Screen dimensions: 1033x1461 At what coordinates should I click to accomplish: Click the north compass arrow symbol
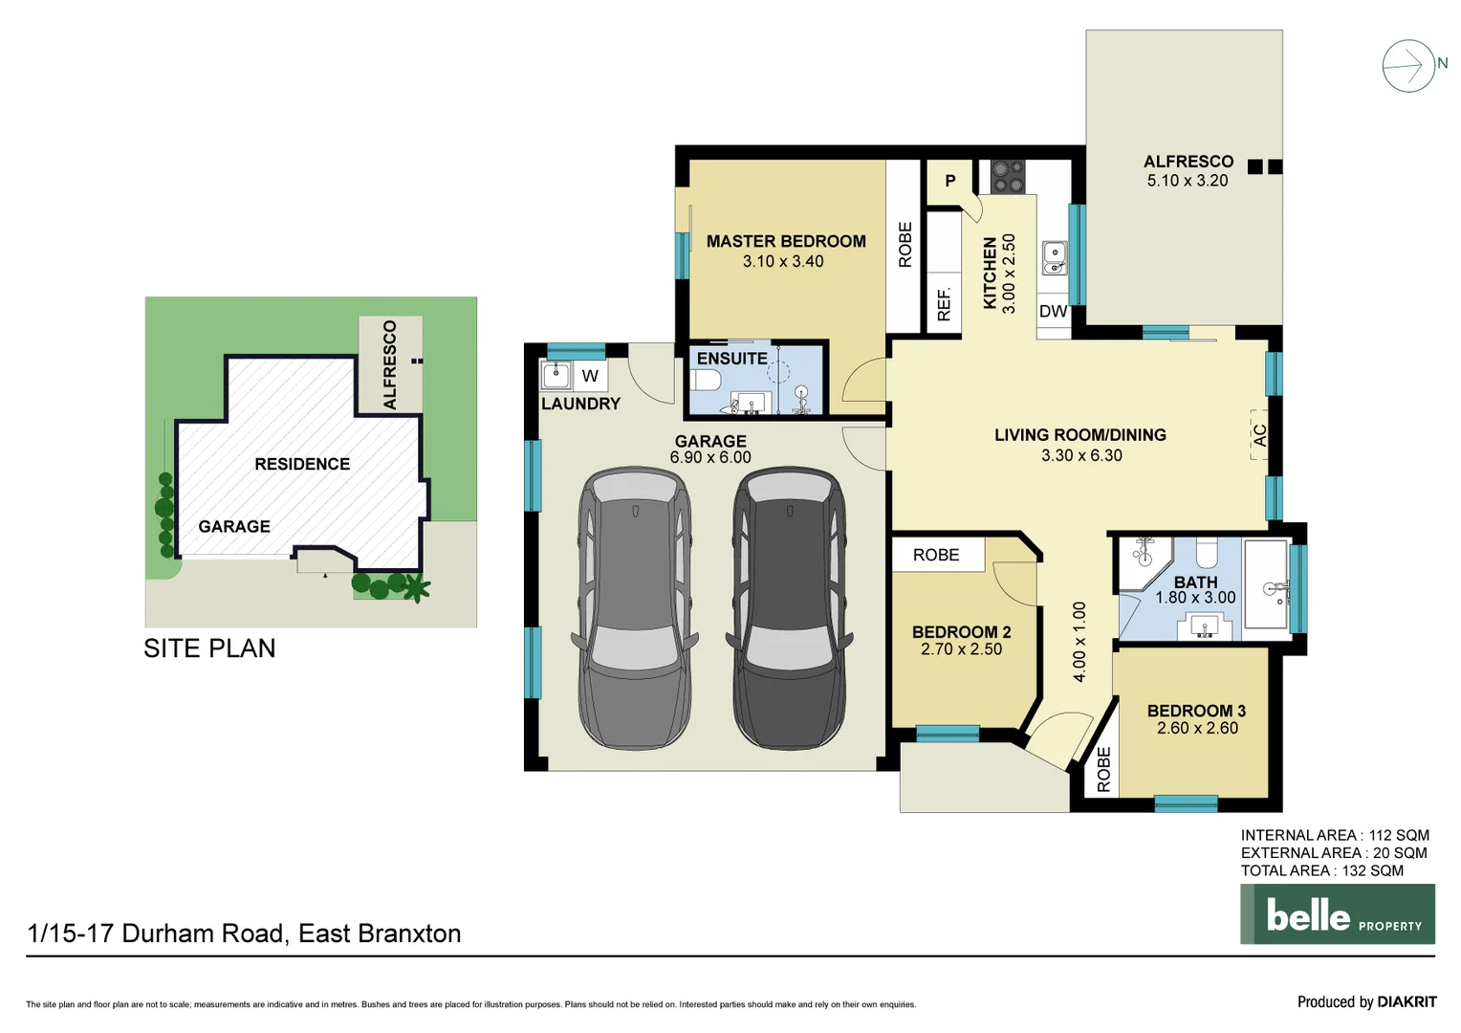1408,66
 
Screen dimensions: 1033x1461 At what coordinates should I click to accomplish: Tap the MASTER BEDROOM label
785,242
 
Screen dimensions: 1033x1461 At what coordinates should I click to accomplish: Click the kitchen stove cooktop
1007,177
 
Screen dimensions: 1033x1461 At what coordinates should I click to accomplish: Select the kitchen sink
1054,257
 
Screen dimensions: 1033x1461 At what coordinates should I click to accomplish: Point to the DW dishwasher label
1053,311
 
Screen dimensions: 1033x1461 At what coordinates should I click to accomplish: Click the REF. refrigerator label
944,303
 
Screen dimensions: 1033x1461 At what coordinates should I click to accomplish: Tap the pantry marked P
949,181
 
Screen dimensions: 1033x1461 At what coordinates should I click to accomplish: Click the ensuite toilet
706,381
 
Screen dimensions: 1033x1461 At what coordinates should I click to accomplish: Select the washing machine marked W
590,376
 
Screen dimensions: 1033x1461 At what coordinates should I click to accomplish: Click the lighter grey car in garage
635,607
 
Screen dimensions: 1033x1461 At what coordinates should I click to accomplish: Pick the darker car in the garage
789,607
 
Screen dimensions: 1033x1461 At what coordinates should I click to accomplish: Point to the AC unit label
1260,435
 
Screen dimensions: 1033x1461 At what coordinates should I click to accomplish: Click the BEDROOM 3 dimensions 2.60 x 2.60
1196,728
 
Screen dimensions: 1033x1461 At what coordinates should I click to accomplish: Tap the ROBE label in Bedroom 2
935,555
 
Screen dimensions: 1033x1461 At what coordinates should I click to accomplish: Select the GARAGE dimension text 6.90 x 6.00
709,457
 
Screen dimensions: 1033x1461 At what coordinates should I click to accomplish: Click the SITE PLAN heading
209,648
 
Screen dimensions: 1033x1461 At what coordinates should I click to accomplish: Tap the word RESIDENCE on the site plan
302,464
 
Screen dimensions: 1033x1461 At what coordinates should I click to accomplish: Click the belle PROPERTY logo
1337,914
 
